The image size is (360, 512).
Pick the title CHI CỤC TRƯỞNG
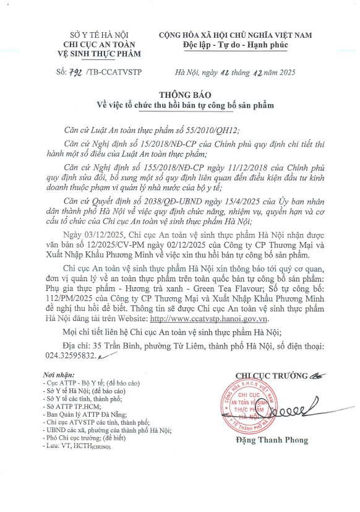[262, 375]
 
